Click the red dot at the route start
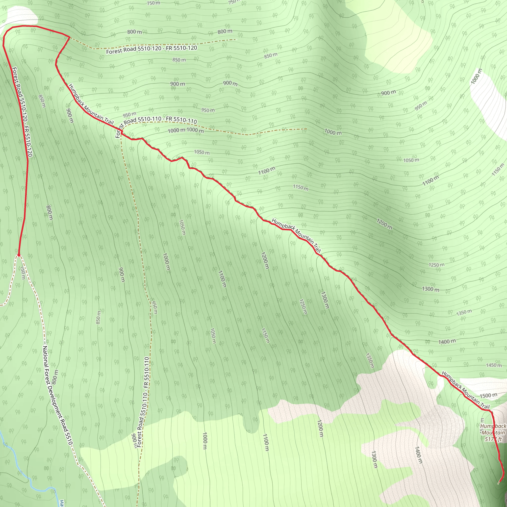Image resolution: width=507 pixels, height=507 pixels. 19,255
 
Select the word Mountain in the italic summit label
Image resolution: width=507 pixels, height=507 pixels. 493,432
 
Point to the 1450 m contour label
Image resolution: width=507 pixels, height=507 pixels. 494,365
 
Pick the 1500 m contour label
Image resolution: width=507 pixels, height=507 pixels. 488,395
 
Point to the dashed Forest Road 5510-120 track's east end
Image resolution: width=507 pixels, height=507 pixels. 235,40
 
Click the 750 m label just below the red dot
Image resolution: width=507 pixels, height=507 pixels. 23,273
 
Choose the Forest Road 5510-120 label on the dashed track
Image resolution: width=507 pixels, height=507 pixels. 152,49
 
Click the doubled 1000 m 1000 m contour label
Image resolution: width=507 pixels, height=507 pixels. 185,130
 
